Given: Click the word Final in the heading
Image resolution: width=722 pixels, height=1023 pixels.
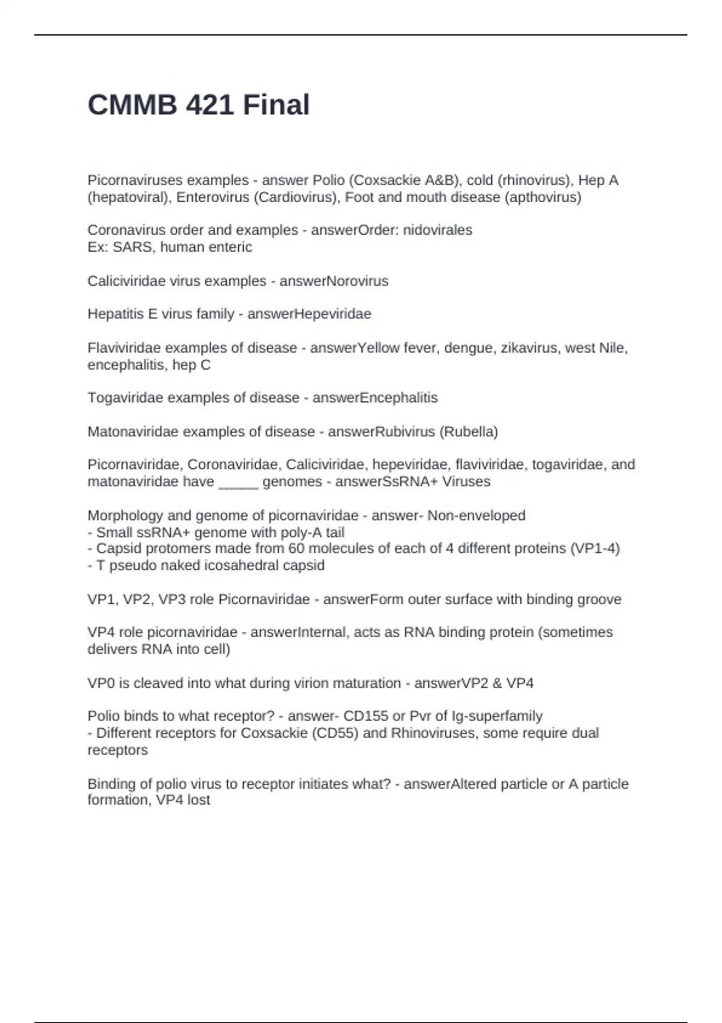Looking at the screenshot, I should coord(276,105).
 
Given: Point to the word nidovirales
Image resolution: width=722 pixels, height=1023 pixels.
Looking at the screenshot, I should coord(437,230).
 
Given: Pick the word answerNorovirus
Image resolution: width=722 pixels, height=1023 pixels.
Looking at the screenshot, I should coord(334,281).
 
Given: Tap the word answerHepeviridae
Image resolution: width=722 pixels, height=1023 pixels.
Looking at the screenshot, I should coord(309,314).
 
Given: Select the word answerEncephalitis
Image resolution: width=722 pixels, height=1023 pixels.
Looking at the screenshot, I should coord(375,398).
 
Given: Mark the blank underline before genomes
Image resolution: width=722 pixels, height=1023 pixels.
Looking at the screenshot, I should coord(238,481).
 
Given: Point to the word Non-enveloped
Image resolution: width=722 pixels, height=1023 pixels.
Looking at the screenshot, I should coord(477,515).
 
